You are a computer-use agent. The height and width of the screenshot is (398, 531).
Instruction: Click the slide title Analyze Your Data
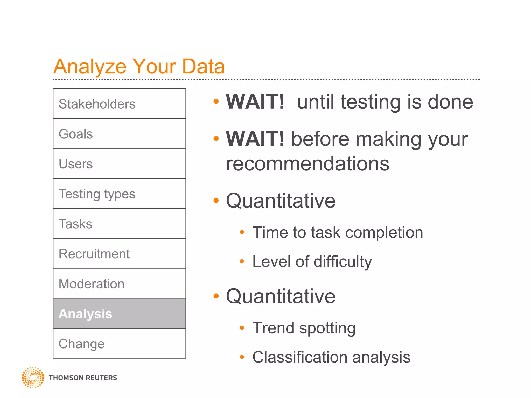[139, 66]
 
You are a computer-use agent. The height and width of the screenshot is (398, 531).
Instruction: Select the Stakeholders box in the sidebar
[119, 104]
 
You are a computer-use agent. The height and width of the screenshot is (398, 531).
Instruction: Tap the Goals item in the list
[119, 134]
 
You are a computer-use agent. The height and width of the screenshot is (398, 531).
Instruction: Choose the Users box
[119, 164]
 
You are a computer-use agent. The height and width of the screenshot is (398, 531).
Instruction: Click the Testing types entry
[119, 194]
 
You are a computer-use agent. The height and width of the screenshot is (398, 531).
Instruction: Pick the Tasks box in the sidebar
[119, 224]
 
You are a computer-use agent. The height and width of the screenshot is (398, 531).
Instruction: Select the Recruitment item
[119, 254]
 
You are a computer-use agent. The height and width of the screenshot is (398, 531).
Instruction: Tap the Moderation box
[119, 283]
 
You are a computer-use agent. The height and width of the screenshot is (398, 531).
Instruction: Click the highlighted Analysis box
[119, 314]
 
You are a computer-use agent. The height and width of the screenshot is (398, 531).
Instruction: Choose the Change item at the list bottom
[119, 344]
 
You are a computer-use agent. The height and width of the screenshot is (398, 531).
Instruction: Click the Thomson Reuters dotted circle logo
[33, 378]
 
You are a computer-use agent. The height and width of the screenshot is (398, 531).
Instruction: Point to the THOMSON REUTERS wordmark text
[83, 378]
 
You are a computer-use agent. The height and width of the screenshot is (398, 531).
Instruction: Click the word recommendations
[308, 164]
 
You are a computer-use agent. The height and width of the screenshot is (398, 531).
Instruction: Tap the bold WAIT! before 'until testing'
[255, 102]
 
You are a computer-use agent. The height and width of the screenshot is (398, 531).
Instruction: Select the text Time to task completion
[338, 232]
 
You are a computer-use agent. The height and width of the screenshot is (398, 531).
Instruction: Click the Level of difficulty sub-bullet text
[312, 262]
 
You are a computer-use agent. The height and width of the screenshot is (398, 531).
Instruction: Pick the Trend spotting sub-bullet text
[304, 328]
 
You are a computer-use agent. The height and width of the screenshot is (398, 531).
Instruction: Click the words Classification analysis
[331, 357]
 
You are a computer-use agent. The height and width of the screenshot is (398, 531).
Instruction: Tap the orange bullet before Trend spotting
[242, 328]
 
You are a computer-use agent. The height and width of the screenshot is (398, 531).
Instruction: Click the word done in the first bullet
[450, 102]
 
